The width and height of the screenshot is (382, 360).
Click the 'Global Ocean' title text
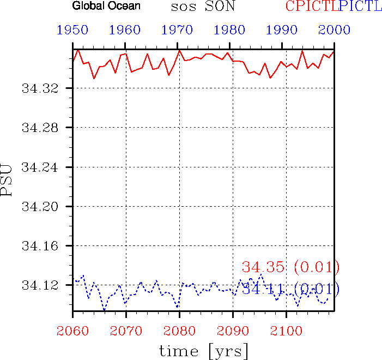(106, 7)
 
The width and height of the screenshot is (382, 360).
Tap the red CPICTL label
(311, 7)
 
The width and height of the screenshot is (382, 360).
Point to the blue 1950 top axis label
(73, 31)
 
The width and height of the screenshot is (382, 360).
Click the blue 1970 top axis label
(178, 31)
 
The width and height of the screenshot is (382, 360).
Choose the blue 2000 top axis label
(335, 31)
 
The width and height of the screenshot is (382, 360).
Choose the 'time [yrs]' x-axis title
(204, 350)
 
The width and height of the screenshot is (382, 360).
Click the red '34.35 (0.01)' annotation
(291, 267)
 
